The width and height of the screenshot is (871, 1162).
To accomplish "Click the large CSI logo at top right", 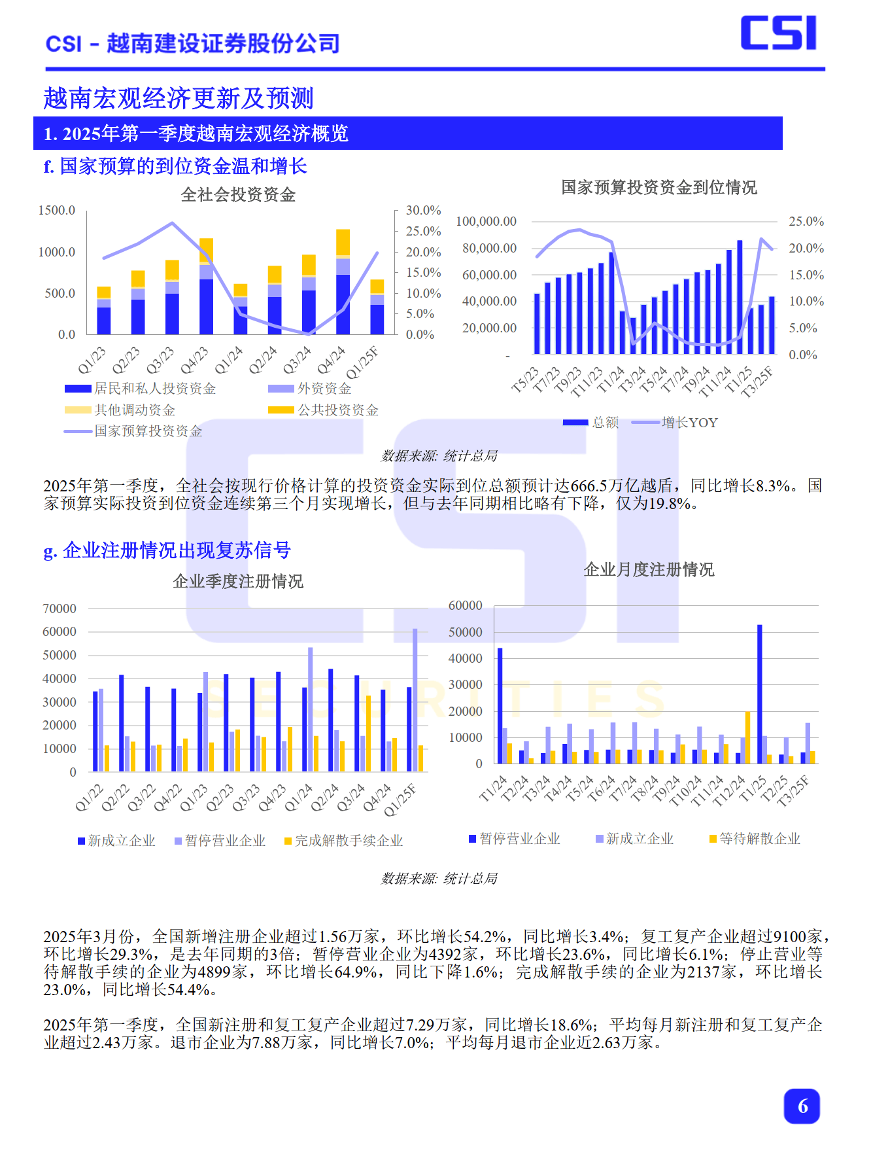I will click(x=778, y=33).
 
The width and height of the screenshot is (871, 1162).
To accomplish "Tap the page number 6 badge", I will click(x=802, y=1106).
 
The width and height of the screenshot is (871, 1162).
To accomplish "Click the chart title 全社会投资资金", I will click(x=238, y=195).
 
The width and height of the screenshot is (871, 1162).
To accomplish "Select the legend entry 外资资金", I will click(x=324, y=389).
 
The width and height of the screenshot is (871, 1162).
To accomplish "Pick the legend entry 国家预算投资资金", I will click(x=148, y=431).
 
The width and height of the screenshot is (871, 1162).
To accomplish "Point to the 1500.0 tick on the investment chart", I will click(x=57, y=210).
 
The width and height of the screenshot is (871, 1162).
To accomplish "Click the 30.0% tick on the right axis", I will click(x=423, y=210).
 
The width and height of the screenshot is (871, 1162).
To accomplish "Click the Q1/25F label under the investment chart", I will click(x=363, y=363).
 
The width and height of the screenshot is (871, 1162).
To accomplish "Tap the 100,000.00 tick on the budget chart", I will click(x=486, y=221).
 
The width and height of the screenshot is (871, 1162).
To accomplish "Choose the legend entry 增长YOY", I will click(x=689, y=423).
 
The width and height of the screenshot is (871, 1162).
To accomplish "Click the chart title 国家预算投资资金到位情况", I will click(x=659, y=188).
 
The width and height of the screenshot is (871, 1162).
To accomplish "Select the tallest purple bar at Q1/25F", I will click(x=415, y=700).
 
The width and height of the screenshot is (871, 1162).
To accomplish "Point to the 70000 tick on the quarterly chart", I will click(x=60, y=608).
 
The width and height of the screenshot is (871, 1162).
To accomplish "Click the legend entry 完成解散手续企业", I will click(x=349, y=841).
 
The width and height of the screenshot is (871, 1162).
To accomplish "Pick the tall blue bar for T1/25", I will click(x=760, y=694).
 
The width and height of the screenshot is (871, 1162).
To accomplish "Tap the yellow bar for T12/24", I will click(x=747, y=737).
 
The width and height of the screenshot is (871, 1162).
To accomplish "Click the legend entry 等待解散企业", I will click(x=759, y=839).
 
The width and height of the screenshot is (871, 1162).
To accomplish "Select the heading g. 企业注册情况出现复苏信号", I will click(x=167, y=550).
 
